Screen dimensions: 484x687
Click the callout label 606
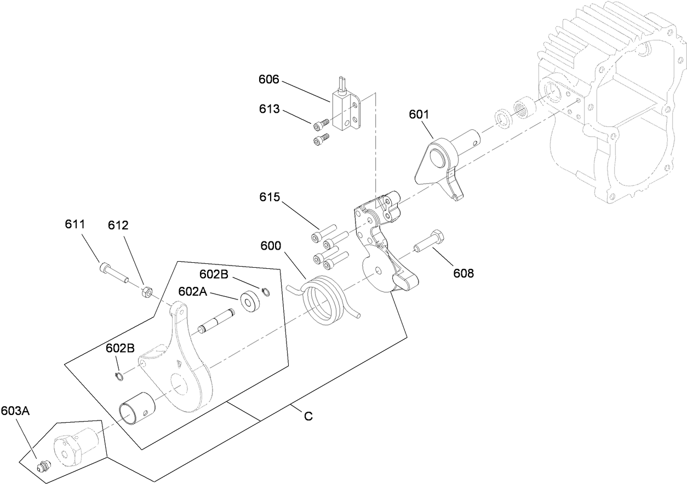point(269,80)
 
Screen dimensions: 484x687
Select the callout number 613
point(269,110)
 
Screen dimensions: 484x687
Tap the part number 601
point(419,114)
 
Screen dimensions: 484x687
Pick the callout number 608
point(463,273)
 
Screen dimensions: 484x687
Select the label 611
point(75,224)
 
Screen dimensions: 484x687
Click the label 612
point(118,224)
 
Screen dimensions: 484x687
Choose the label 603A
point(15,410)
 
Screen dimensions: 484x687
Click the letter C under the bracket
point(308,417)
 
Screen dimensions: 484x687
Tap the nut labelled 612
point(146,292)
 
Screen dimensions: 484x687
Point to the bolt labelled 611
point(113,273)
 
